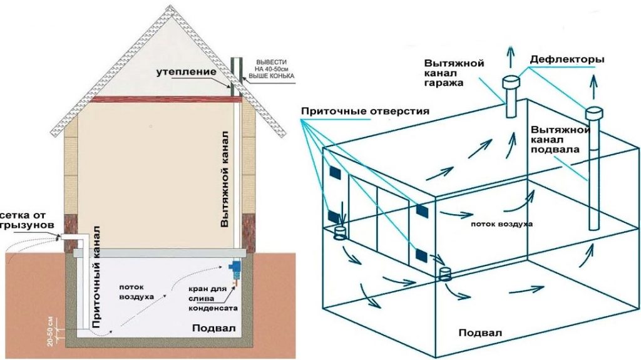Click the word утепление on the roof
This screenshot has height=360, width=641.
coord(186,73)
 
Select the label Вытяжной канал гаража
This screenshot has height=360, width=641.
coord(454,73)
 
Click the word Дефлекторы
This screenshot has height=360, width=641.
coord(567,59)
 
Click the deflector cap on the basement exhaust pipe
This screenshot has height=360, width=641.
coord(595,113)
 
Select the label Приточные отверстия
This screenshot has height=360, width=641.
coord(365,111)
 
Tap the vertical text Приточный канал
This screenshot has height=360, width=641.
coord(96,277)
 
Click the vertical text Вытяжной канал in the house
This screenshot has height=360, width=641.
coord(224,179)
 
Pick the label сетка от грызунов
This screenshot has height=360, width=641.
coord(25,220)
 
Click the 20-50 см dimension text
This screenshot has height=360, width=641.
coord(50,331)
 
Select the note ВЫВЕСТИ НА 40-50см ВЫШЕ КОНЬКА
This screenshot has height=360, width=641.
coord(272,69)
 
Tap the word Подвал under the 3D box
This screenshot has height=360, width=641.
coord(480,332)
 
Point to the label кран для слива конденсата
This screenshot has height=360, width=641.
coord(213,298)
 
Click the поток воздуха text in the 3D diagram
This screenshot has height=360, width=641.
coord(501,224)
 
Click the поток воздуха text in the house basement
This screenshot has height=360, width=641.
coord(136,292)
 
